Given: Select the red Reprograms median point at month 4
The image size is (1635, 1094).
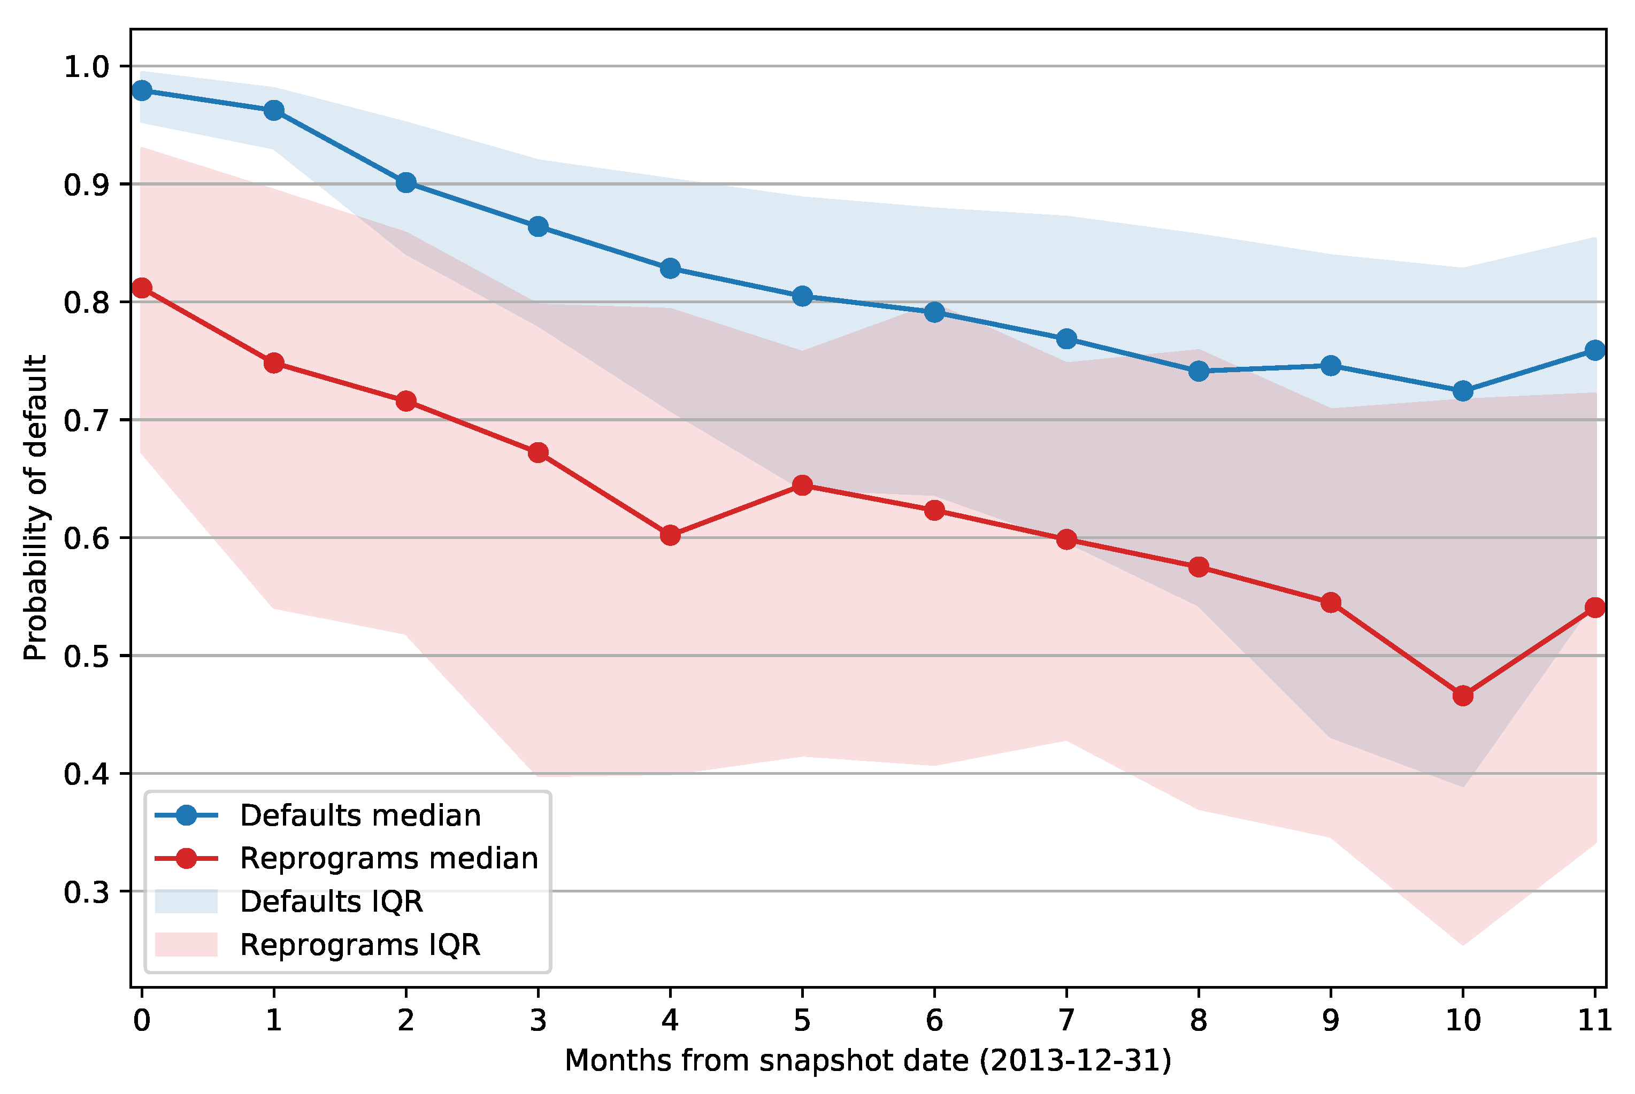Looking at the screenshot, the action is (x=670, y=535).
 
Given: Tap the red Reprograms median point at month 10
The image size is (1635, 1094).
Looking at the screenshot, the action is (x=1463, y=696).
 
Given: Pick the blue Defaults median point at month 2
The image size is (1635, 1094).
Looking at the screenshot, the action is (x=406, y=183).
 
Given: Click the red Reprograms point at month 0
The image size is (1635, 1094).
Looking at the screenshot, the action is (x=142, y=288).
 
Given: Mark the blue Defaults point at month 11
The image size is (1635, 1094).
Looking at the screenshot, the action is (x=1594, y=350).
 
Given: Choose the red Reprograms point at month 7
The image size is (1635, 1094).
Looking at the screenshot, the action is (x=1066, y=540).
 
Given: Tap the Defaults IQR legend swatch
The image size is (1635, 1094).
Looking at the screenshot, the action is (x=186, y=902).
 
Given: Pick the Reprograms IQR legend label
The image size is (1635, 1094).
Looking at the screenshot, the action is (x=360, y=945).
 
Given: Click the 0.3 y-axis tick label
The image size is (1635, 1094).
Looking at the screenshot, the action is (x=87, y=892).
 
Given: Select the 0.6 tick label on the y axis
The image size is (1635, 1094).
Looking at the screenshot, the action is (x=87, y=538).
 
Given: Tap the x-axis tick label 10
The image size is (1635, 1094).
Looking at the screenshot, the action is (x=1463, y=1021).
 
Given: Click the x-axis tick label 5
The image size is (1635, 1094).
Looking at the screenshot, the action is (x=802, y=1021).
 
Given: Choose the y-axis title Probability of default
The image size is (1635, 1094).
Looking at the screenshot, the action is (x=35, y=508).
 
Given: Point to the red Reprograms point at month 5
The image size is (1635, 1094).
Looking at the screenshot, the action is (x=802, y=485).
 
